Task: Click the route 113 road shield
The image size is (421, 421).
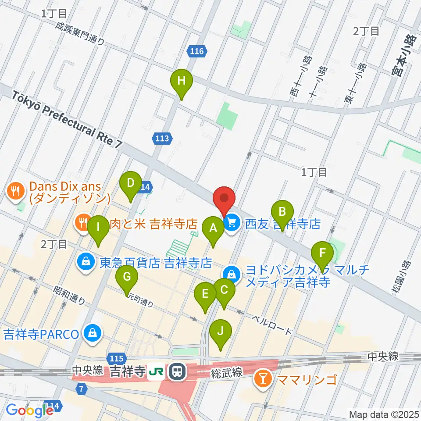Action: (162, 139)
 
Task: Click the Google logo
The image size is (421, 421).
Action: (30, 410)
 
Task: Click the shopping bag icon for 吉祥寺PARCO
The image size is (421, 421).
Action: (93, 334)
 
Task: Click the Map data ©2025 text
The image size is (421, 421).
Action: (383, 414)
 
